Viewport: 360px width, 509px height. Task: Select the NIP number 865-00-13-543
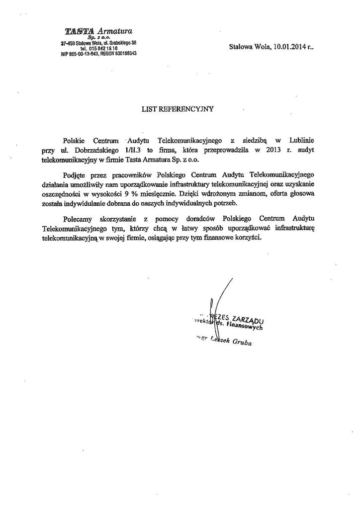[x=83, y=53]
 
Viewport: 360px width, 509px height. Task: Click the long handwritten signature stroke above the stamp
[x=222, y=293]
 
